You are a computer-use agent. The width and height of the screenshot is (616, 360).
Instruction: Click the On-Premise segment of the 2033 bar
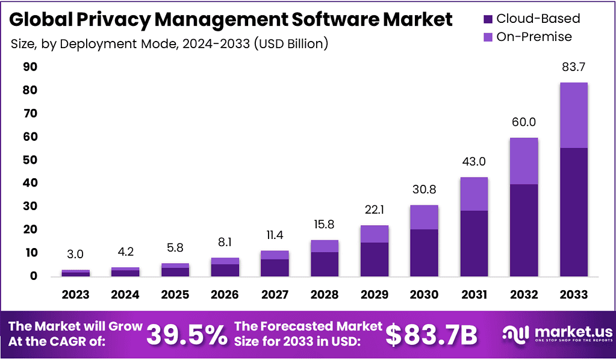[573, 115]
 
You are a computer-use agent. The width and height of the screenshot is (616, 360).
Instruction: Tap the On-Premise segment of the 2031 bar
[474, 194]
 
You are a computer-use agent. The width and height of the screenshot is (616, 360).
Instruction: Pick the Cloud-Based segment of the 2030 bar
[424, 252]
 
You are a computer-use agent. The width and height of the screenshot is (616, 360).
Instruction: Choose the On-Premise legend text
[534, 37]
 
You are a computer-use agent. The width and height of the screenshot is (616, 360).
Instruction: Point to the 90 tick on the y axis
[30, 67]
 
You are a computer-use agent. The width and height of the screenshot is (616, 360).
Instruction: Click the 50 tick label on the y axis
[30, 160]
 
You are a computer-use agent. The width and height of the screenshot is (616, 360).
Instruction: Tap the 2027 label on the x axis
[274, 295]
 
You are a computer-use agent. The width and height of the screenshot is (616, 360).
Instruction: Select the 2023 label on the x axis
[75, 295]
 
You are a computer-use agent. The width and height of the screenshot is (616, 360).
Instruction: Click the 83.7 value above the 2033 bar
[573, 67]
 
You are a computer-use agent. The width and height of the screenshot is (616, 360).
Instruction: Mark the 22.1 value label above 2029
[374, 211]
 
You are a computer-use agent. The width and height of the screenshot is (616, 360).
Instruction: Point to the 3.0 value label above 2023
[75, 255]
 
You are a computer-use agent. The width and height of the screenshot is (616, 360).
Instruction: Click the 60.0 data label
[523, 123]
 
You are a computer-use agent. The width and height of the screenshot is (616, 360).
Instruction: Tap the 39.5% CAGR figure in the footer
[187, 335]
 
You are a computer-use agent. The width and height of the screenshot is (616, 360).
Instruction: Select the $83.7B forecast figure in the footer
[431, 335]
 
